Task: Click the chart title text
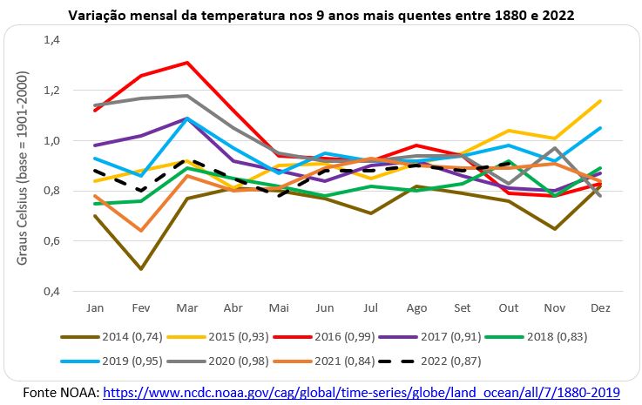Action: pyautogui.click(x=321, y=15)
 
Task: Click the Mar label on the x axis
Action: pyautogui.click(x=187, y=307)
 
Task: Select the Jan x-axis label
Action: pyautogui.click(x=95, y=307)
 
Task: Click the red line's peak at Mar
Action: pyautogui.click(x=187, y=63)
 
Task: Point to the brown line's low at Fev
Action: pyautogui.click(x=141, y=268)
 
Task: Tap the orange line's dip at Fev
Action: pyautogui.click(x=141, y=231)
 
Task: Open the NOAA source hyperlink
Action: pyautogui.click(x=362, y=392)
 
